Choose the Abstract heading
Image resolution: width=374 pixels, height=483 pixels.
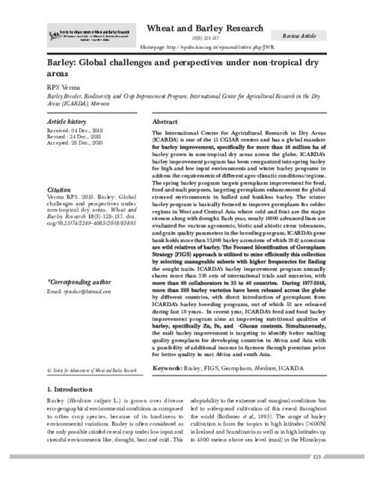point(165,121)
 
